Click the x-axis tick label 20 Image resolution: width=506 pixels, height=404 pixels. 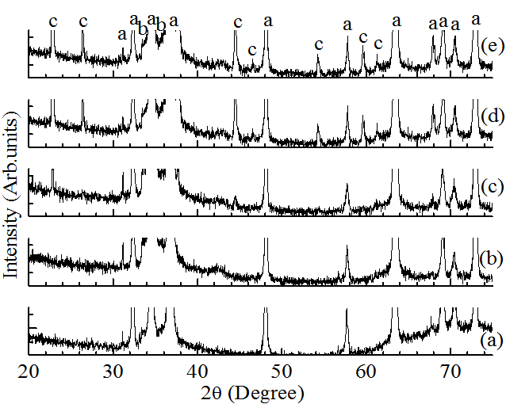(x=29, y=370)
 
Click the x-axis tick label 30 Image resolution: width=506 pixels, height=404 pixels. (x=113, y=370)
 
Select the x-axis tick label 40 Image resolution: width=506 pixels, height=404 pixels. (x=197, y=370)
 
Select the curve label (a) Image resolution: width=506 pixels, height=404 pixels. (x=492, y=340)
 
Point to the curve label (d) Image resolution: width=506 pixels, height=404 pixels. (x=492, y=116)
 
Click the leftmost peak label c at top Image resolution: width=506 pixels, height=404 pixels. (x=52, y=21)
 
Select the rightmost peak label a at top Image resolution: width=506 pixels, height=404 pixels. (x=476, y=19)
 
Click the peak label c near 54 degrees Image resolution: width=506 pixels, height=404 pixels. (x=318, y=44)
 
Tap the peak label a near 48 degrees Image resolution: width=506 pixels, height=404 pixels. (x=267, y=21)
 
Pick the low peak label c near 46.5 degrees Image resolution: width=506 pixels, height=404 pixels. (x=251, y=51)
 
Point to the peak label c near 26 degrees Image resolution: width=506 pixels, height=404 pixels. (x=82, y=21)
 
